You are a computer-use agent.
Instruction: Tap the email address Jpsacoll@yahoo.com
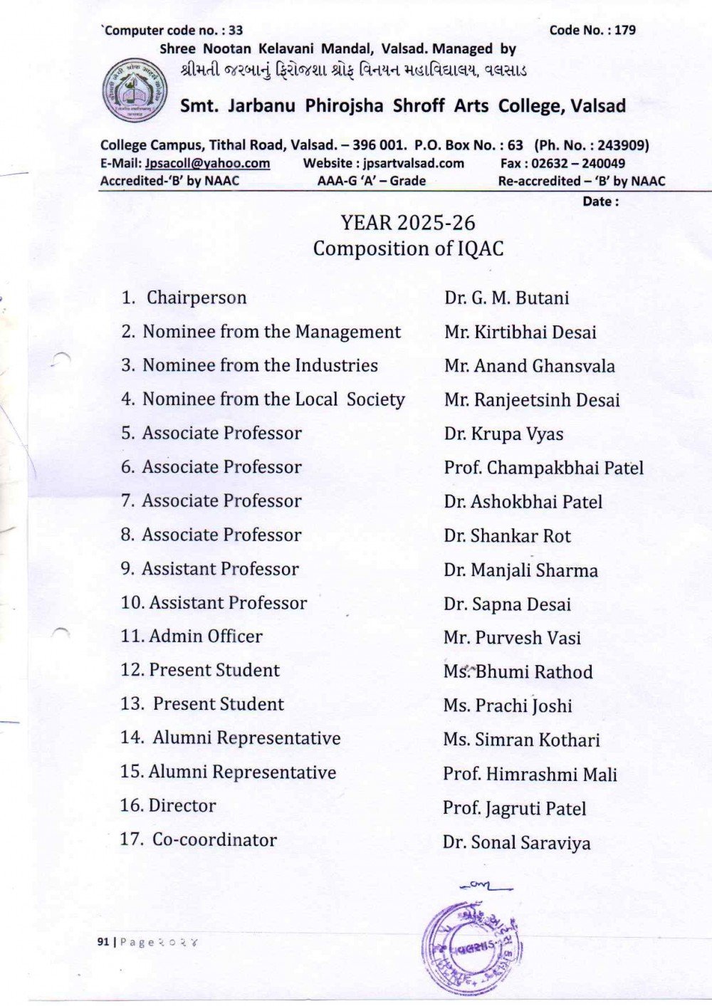point(207,163)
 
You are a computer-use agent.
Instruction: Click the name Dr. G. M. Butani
point(506,298)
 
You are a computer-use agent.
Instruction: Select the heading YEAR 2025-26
point(407,223)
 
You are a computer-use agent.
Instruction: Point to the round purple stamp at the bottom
point(472,948)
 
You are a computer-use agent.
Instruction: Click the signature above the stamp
point(486,886)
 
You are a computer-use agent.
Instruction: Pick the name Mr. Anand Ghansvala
point(529,366)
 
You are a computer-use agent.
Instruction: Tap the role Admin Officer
point(205,636)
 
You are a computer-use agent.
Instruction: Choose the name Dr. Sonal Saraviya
point(516,843)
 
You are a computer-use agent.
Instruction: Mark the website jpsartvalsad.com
point(413,163)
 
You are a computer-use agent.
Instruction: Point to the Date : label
point(600,201)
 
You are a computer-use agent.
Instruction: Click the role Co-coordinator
point(214,839)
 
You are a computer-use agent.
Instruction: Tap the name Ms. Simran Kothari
point(521,740)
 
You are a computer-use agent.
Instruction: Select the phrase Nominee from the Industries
point(260,365)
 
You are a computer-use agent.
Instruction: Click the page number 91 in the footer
point(103,942)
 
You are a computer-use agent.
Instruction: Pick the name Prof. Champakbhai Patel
point(543,468)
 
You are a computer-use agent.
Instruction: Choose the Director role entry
point(182,805)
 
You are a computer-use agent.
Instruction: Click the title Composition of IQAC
point(408,248)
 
